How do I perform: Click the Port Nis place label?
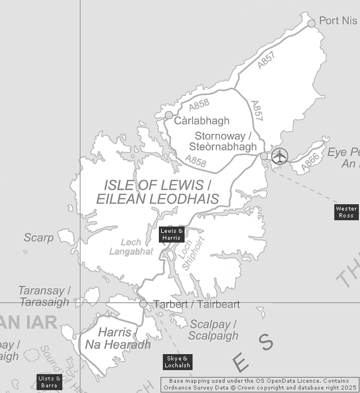point(338,21)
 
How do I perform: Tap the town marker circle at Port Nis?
point(311,23)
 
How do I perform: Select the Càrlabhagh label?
point(202,121)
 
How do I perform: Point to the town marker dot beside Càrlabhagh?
point(169,115)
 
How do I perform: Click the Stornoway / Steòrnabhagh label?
point(223,141)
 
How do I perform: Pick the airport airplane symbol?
point(279,156)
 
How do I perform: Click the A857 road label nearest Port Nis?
point(266,61)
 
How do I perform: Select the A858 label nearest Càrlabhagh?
point(199,105)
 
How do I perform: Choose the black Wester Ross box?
point(346,212)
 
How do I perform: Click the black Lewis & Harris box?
point(171,234)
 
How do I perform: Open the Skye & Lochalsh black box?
point(177,362)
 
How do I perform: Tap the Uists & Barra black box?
point(49,382)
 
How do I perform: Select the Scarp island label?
point(38,237)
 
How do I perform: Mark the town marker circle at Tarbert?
point(143,304)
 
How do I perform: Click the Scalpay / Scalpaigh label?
point(213,330)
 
